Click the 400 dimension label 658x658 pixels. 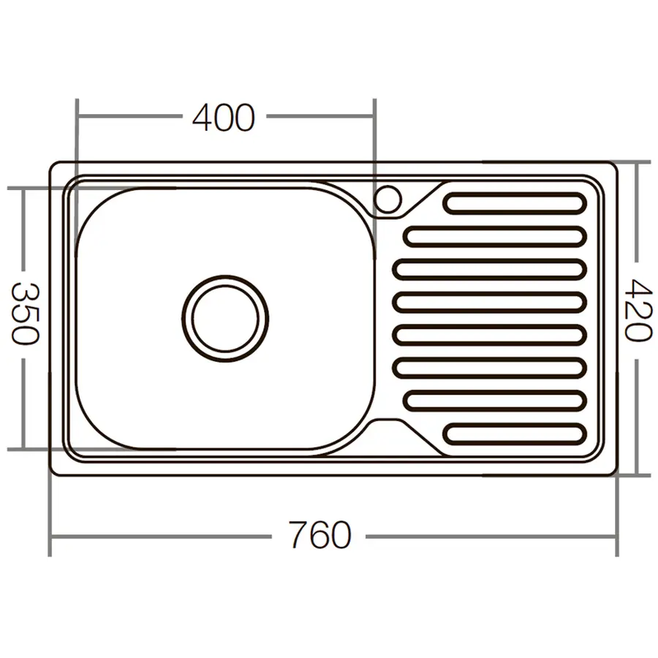(224, 117)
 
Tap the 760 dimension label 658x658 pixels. (319, 536)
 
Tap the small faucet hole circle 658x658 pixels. (388, 198)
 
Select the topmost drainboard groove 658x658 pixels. (515, 203)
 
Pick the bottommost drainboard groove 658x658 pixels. (515, 434)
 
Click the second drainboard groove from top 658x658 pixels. (495, 236)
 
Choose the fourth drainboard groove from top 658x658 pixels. (490, 302)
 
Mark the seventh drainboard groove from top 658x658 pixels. (495, 400)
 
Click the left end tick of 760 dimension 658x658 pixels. (50, 536)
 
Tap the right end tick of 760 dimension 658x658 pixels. (617, 536)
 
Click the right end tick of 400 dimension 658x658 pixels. (374, 116)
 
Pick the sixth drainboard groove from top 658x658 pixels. (490, 367)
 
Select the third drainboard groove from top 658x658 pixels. (490, 269)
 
